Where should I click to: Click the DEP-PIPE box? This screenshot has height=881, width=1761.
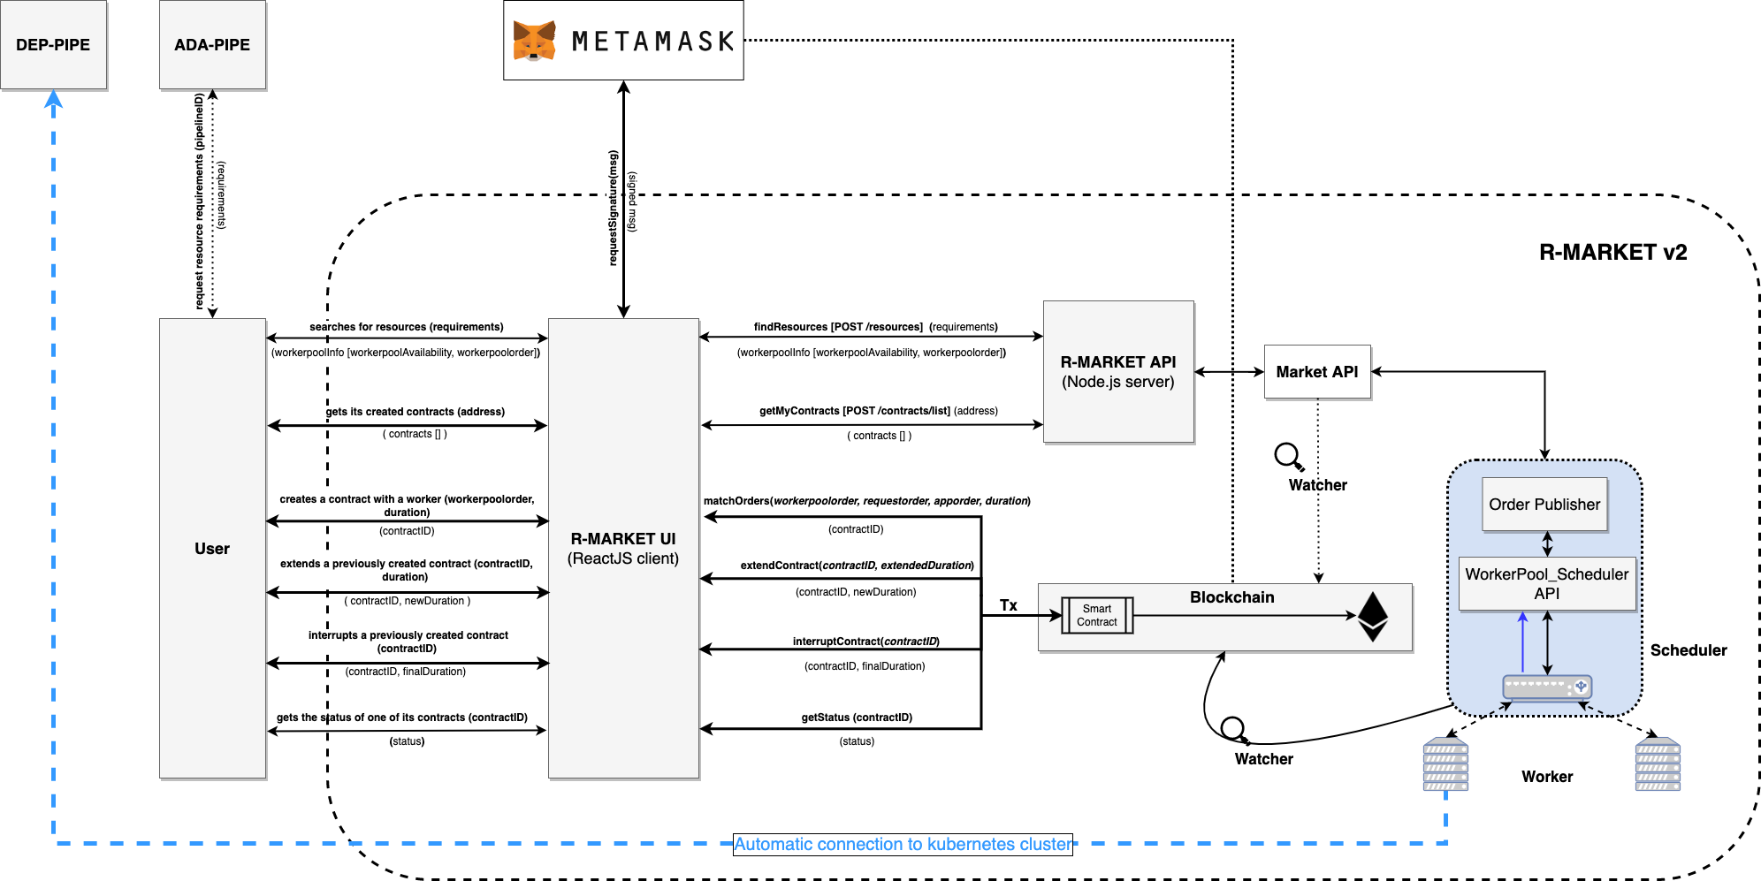[53, 44]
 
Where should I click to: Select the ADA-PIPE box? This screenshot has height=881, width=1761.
[212, 44]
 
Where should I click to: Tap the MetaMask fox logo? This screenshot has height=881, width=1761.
[534, 41]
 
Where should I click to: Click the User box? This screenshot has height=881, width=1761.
[212, 548]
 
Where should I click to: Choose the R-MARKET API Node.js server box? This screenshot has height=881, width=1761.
[1118, 371]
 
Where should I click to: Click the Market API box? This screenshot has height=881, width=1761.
[1317, 372]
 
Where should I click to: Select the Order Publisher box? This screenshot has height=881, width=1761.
[1544, 505]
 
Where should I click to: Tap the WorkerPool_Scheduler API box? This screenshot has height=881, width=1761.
[1547, 583]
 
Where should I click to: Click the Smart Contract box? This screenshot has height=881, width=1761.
[1097, 615]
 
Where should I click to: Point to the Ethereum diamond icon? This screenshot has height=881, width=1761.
[1373, 616]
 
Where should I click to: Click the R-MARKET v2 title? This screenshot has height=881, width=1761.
[1613, 253]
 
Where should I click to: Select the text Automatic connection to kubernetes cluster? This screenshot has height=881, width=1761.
[903, 844]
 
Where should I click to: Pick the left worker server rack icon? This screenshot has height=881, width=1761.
[1445, 764]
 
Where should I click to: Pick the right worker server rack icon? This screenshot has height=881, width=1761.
[1658, 764]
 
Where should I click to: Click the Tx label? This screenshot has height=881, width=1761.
[1009, 605]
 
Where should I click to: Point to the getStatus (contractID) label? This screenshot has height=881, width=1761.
[857, 718]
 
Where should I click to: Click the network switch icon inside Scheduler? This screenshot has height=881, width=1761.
[1547, 687]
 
